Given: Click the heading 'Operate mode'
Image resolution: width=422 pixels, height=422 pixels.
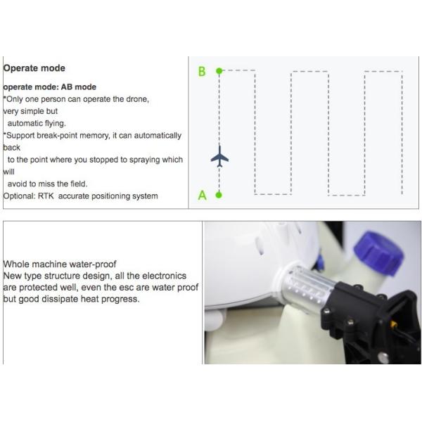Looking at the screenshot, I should point(34,68).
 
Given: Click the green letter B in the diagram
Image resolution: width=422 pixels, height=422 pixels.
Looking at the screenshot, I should point(202,72).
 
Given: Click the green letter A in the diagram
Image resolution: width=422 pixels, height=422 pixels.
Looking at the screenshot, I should point(202,196).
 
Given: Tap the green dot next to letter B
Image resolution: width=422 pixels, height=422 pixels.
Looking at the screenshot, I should point(219,71).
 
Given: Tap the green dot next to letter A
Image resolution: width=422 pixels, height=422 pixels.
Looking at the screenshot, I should point(219,195).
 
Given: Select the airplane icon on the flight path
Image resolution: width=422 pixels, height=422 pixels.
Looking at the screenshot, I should point(219,156).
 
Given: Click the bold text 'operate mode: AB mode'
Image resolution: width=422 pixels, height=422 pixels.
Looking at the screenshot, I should point(50,87).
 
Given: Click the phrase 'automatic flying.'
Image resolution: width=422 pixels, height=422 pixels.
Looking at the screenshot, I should point(37,123).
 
